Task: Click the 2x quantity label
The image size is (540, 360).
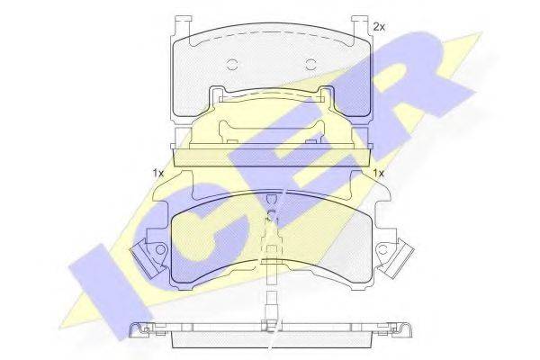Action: click(x=379, y=27)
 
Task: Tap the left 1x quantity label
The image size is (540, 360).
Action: click(x=158, y=173)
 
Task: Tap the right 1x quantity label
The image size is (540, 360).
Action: click(x=379, y=173)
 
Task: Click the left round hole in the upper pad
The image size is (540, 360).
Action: click(x=232, y=65)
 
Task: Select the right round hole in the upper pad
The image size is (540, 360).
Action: click(x=310, y=65)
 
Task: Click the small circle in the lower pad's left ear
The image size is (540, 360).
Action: click(x=160, y=249)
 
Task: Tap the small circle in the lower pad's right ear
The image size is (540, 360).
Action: click(x=383, y=249)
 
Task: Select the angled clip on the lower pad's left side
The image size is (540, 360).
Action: click(x=145, y=259)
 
